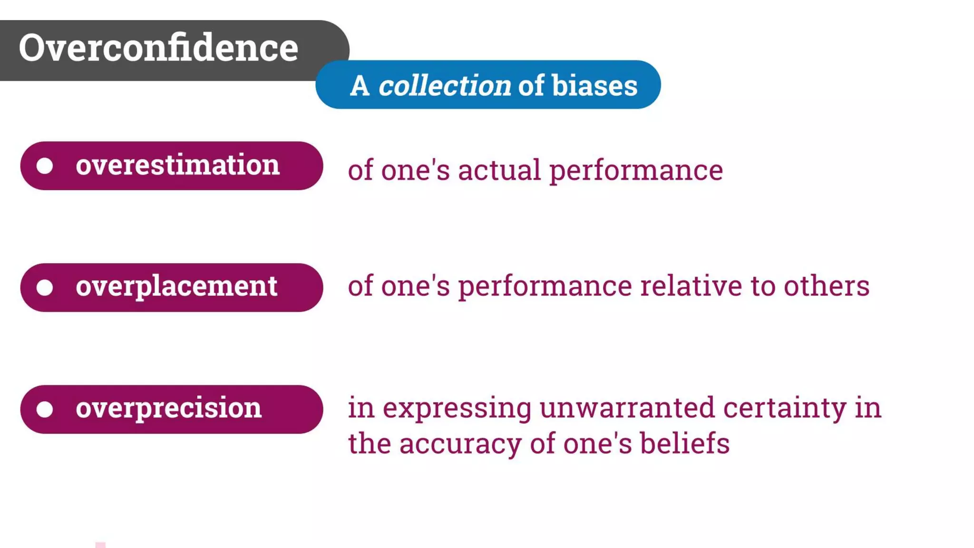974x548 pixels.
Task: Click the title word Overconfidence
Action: click(158, 48)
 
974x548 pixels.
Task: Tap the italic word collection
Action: click(445, 86)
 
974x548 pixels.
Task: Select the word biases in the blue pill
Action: click(594, 86)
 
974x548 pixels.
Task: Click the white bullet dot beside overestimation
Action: click(45, 166)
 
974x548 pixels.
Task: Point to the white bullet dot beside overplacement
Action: click(45, 288)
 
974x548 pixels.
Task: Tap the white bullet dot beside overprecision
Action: click(45, 410)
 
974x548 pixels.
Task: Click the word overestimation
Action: click(177, 165)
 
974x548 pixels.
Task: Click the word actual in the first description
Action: click(499, 170)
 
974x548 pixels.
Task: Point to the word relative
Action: click(691, 286)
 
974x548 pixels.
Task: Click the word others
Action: click(827, 286)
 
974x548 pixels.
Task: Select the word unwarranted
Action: click(627, 408)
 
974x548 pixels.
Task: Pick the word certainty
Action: click(785, 409)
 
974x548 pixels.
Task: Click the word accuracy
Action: click(460, 444)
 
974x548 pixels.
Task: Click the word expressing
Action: click(457, 409)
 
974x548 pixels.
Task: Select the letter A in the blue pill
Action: click(360, 86)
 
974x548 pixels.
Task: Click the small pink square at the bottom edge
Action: click(100, 545)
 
